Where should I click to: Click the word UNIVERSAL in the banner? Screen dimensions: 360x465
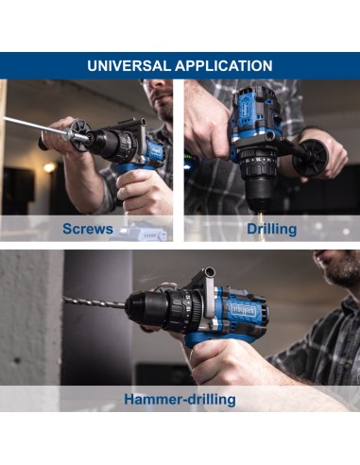[x=129, y=66]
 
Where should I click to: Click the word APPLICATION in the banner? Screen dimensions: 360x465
[x=224, y=66]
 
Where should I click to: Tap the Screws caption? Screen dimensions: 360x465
[x=88, y=229]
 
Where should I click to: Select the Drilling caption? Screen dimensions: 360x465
[x=271, y=230]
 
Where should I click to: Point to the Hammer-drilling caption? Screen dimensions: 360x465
[x=180, y=400]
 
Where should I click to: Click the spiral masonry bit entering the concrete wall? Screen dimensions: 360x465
[x=94, y=302]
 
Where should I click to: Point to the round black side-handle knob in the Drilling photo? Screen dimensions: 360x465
[x=310, y=157]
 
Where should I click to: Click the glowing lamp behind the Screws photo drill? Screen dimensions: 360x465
[x=49, y=167]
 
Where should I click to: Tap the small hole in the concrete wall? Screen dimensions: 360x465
[x=16, y=360]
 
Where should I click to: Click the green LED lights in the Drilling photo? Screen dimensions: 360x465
[x=189, y=156]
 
